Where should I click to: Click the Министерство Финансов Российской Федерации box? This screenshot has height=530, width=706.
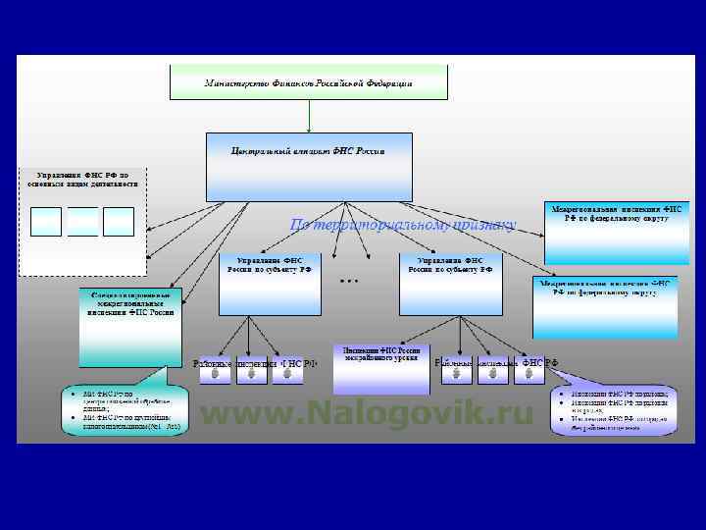(308, 82)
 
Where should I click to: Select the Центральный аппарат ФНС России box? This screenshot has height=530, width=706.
(308, 167)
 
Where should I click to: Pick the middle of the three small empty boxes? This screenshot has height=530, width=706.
(82, 221)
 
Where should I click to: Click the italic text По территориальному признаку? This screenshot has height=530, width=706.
(402, 225)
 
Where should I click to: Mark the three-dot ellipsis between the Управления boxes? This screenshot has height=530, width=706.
(349, 281)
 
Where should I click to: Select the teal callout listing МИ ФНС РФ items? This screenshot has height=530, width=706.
(122, 412)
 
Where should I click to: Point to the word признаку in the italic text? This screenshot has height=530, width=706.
(484, 225)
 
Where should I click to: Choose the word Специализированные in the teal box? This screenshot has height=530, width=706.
(131, 295)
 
